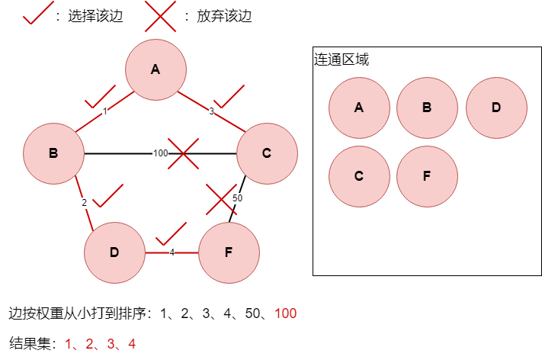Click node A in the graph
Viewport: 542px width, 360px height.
point(156,69)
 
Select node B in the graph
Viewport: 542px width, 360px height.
point(53,153)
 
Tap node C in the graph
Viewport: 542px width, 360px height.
point(266,153)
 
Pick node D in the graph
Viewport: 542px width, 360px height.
point(114,252)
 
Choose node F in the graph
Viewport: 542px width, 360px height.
point(229,252)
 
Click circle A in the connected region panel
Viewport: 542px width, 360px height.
point(359,108)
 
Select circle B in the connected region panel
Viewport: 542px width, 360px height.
point(427,108)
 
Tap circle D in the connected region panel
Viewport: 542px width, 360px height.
point(496,108)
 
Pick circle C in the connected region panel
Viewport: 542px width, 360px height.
point(359,176)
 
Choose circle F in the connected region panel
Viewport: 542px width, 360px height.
point(427,176)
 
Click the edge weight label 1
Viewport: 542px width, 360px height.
point(104,111)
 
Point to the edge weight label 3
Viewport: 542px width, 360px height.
point(211,111)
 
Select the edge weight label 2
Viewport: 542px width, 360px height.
point(85,203)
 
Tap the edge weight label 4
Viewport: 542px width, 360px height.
point(172,252)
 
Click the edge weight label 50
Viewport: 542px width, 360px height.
point(237,199)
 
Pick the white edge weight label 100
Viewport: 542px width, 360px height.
point(160,153)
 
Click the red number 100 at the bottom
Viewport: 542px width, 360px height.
point(286,313)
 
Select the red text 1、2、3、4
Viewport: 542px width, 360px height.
point(101,344)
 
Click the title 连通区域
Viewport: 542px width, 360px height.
point(342,59)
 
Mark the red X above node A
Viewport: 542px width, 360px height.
point(160,16)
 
